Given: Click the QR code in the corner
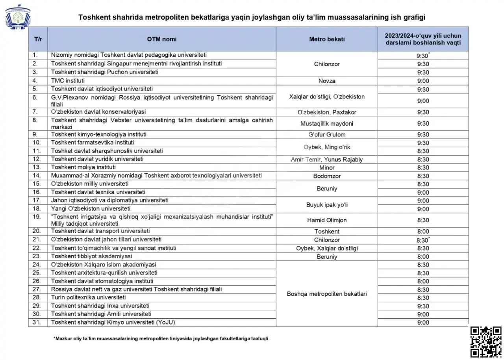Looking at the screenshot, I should coord(486,342).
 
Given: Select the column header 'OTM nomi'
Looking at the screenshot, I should coord(162,39).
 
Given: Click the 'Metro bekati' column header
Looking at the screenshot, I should coord(327,39).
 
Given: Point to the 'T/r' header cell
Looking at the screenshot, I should coord(38,39).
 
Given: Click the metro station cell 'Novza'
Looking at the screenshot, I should coord(327,81).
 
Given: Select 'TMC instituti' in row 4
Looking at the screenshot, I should coord(68,80).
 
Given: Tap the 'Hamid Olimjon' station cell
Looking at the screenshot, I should coord(327,220).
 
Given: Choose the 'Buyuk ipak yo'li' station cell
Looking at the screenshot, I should coord(327,205).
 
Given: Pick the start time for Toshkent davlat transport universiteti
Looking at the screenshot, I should coord(423,231).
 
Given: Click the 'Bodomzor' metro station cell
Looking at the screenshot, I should coord(327,176).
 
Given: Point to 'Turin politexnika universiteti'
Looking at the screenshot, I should coord(89,297).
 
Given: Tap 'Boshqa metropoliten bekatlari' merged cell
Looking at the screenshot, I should coord(327,294).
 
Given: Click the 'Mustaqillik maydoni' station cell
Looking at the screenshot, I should coord(327,123).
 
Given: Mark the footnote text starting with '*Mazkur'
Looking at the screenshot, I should coord(161,339).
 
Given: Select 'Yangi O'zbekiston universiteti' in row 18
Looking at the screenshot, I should coord(91,208).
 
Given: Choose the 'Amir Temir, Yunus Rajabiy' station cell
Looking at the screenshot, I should coord(327,160).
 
